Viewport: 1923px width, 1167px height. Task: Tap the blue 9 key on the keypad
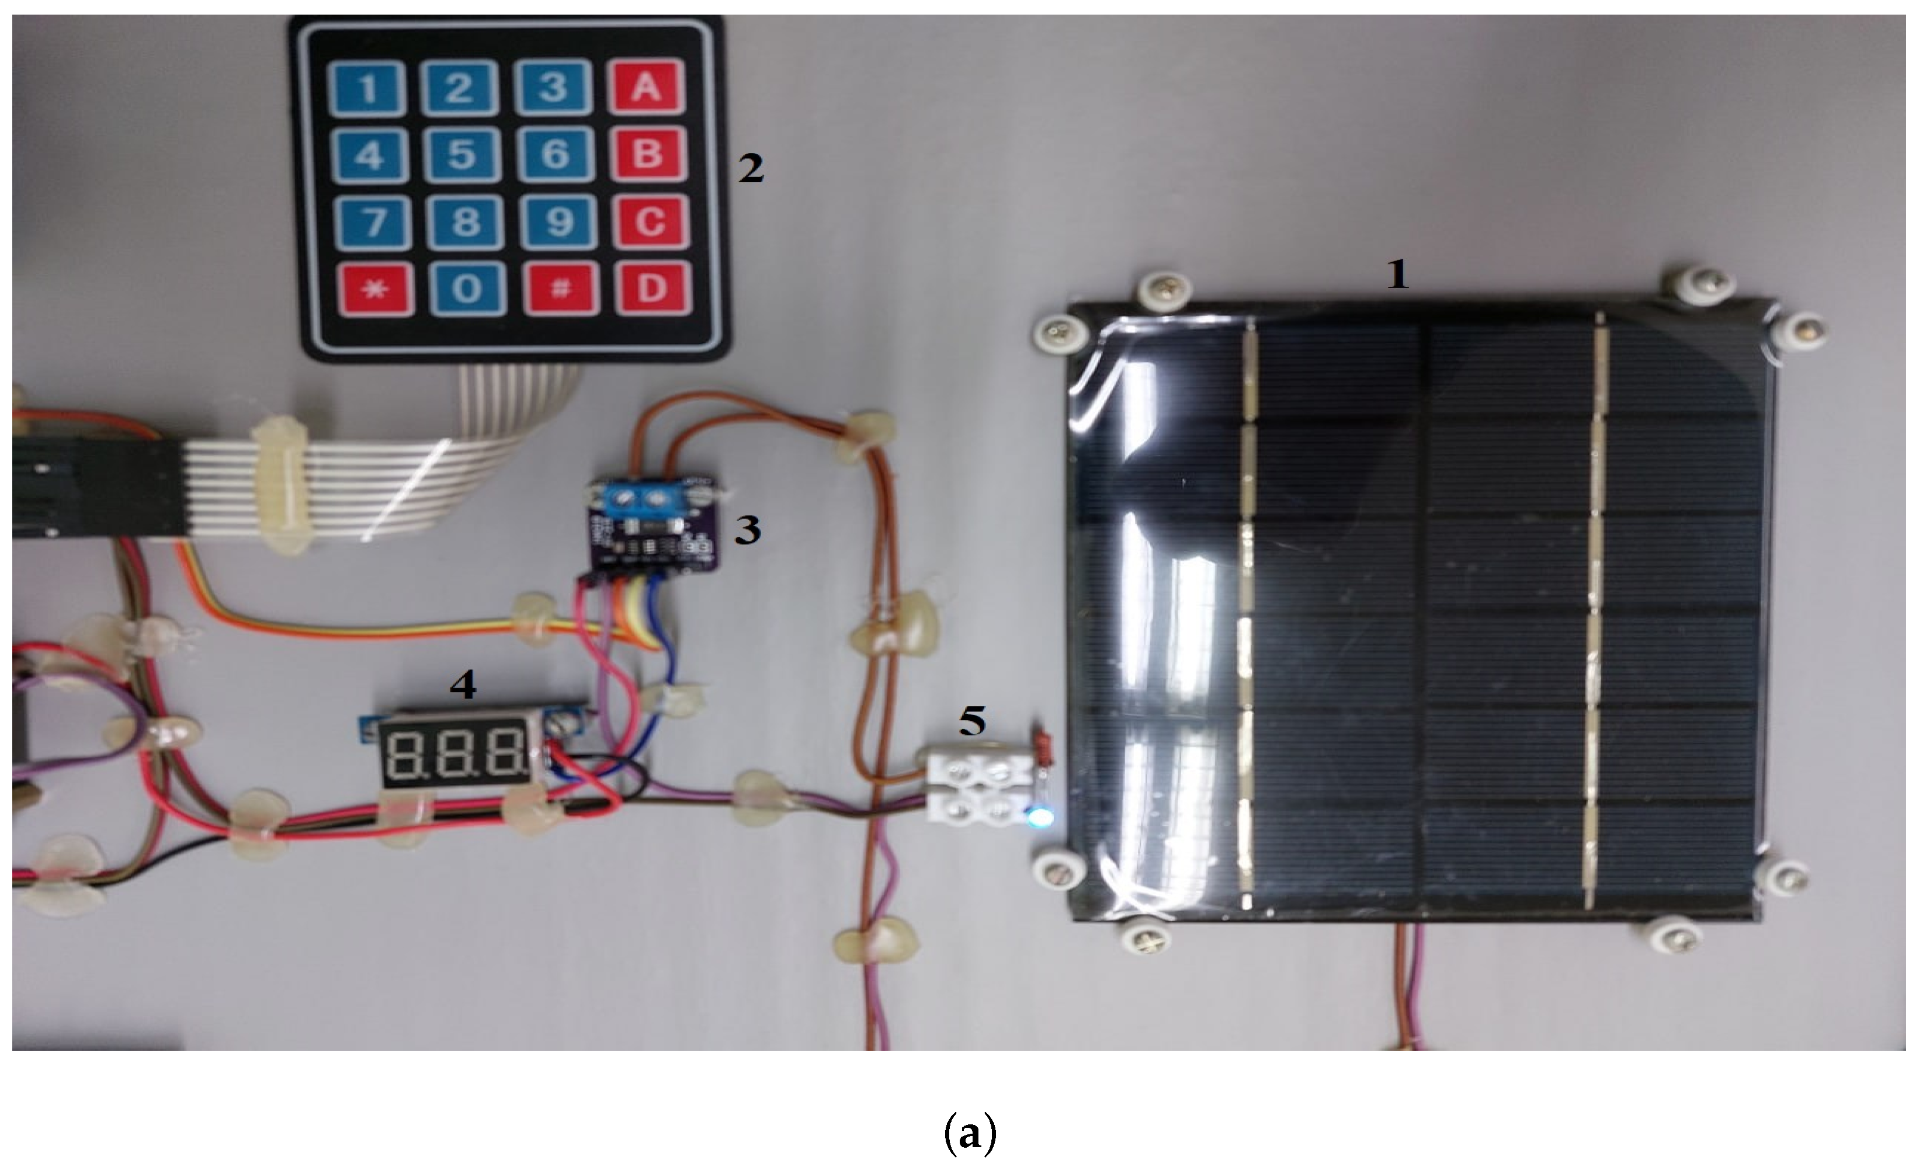tap(557, 221)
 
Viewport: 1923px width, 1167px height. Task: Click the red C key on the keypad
tap(650, 221)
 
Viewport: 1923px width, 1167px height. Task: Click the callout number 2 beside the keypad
tap(751, 169)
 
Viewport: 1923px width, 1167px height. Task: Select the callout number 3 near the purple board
tap(747, 530)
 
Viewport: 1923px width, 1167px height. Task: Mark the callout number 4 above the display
tap(463, 685)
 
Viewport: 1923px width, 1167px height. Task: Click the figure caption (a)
tap(969, 1135)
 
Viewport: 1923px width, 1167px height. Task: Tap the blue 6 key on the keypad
tap(556, 153)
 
